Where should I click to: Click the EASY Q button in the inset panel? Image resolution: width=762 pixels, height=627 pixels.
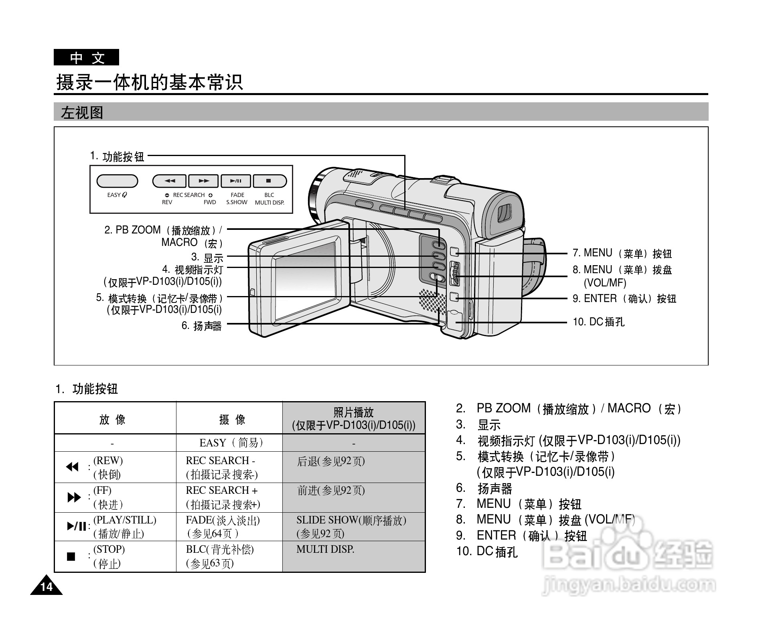(117, 181)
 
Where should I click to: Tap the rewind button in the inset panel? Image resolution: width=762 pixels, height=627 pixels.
(170, 181)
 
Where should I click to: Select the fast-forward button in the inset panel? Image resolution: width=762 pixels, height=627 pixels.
(204, 181)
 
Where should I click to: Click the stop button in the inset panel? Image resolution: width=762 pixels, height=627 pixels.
(269, 181)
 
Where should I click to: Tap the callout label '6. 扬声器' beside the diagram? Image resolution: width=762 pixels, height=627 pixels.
(201, 326)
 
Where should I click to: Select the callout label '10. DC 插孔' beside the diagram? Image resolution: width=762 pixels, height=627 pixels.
(598, 322)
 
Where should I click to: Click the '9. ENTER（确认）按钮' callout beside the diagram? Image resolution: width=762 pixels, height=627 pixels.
(624, 299)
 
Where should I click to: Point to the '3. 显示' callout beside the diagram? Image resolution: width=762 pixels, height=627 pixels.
(207, 257)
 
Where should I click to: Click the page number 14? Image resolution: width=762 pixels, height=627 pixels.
(47, 587)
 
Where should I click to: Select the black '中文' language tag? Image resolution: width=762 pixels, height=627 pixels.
(87, 58)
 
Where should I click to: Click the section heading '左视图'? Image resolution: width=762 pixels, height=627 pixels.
(82, 113)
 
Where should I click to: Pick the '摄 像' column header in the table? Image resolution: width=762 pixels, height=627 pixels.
(232, 420)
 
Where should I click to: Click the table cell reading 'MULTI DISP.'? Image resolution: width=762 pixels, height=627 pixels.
(325, 550)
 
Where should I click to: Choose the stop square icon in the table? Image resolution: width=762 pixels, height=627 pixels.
(71, 556)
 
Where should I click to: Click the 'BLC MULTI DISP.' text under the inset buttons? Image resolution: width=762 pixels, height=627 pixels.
(270, 199)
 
